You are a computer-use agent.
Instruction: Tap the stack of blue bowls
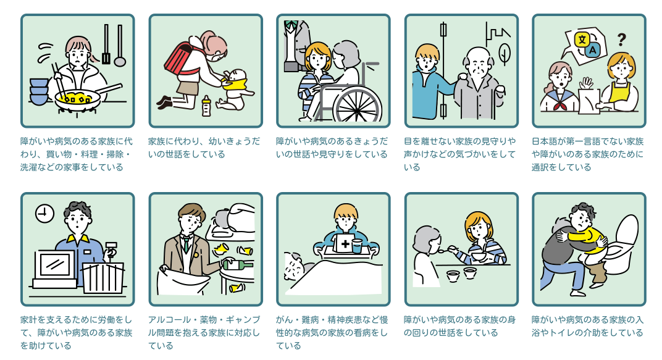click(39, 91)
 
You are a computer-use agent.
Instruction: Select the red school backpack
click(182, 59)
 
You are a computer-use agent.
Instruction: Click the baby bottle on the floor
click(206, 106)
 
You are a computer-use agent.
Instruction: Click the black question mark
click(621, 40)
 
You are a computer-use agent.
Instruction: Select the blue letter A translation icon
click(592, 50)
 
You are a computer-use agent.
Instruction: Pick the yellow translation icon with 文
click(582, 40)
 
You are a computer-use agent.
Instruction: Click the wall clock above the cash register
click(44, 214)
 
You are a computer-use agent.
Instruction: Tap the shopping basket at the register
click(103, 278)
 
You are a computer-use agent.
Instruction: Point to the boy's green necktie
click(186, 245)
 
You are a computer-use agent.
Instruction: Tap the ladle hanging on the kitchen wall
click(120, 46)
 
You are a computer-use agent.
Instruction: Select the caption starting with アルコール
click(204, 333)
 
